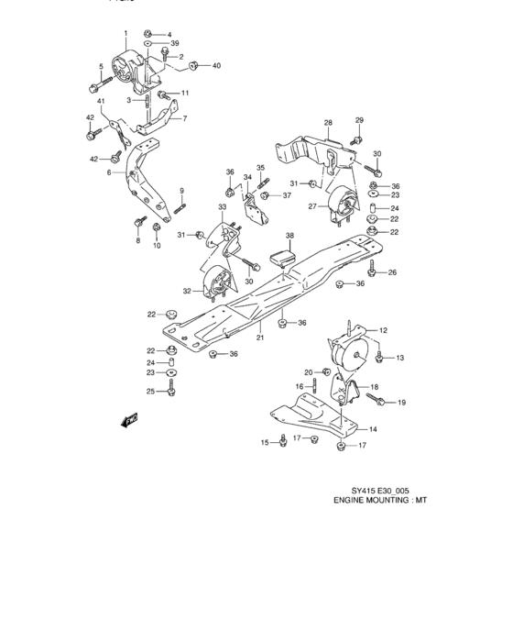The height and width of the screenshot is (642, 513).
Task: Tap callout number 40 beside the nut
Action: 216,65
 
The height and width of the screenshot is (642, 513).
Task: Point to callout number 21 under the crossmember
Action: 259,338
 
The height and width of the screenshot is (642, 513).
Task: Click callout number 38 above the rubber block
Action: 289,236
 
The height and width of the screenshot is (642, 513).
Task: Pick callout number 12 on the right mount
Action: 385,330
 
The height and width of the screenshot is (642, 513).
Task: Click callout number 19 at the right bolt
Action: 400,403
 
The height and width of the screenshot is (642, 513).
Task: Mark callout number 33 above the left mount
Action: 222,208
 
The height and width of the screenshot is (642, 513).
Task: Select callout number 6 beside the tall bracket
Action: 109,172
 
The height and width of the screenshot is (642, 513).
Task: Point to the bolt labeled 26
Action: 374,272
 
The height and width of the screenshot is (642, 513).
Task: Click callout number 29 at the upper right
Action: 360,121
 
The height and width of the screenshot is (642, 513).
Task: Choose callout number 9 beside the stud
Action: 182,190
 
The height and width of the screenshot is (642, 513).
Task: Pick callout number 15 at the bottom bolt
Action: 265,443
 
